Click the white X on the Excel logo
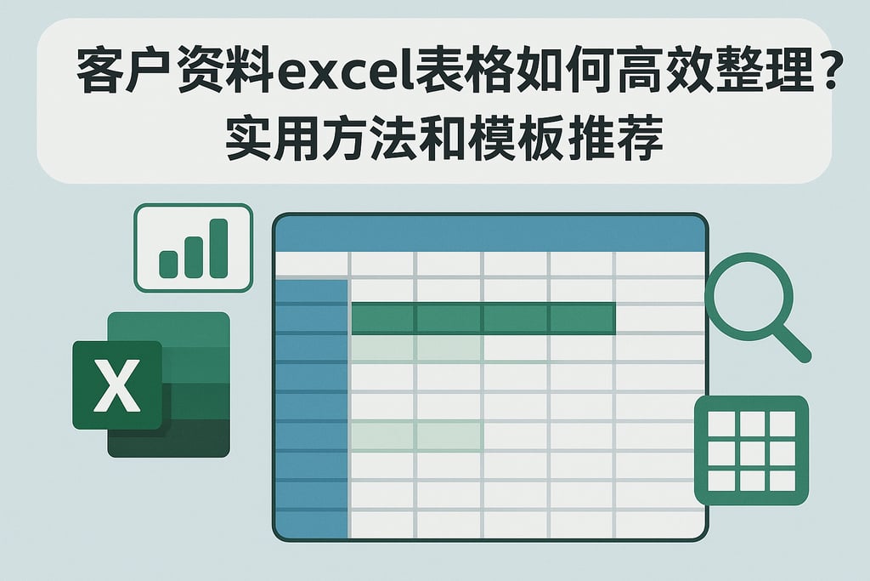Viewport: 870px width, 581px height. coord(117,385)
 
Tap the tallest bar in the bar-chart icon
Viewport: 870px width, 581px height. coord(219,248)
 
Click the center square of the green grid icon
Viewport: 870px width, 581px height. coord(751,451)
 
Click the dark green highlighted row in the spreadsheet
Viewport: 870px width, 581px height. coord(483,318)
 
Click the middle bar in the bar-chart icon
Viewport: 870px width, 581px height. coord(194,255)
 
